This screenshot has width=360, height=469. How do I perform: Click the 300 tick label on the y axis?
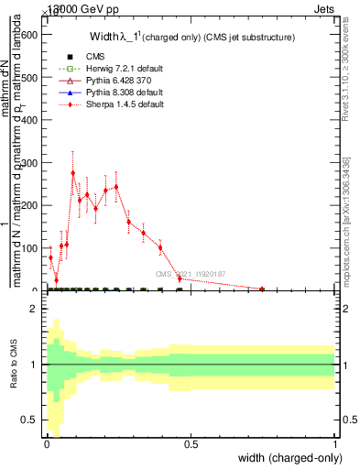pos(32,163)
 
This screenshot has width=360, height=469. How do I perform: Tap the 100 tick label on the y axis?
pos(32,248)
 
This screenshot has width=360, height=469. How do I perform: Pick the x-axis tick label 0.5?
pos(191,445)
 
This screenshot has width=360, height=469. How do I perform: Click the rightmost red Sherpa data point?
pos(262,289)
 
